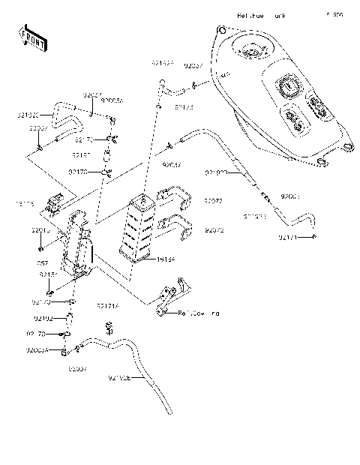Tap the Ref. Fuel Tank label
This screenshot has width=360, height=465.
tap(262, 14)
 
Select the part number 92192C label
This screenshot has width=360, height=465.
tap(29, 115)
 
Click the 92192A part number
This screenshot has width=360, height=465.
tap(163, 64)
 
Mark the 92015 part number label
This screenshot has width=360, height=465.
tap(40, 232)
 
